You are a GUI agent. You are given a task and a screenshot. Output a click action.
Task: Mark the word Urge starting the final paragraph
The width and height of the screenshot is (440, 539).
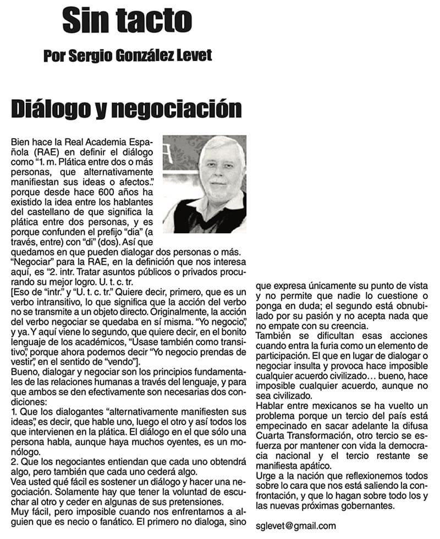tap(267, 475)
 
